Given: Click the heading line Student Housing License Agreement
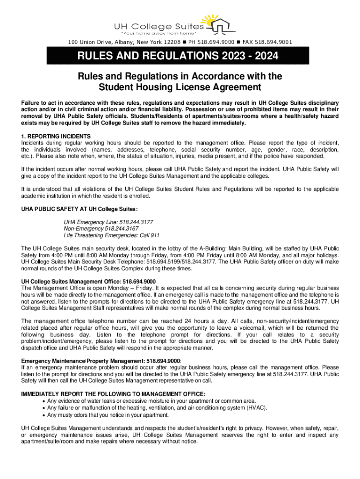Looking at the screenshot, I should coord(180,87).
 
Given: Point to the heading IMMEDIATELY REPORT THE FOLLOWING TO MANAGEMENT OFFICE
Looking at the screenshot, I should coord(114,394).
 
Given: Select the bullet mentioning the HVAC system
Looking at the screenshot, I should coord(157,407).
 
